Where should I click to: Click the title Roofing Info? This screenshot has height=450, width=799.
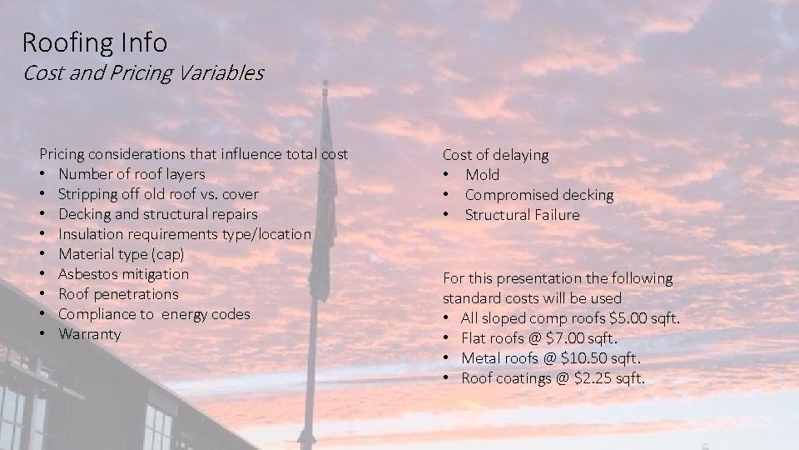pyautogui.click(x=94, y=41)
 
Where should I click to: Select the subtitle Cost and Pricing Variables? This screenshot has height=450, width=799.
pyautogui.click(x=143, y=72)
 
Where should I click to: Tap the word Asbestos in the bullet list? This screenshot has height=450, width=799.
pyautogui.click(x=87, y=274)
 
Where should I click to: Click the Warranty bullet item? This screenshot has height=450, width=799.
pyautogui.click(x=89, y=334)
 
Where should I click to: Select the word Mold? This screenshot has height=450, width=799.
pyautogui.click(x=483, y=175)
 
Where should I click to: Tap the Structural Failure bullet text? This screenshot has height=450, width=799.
pyautogui.click(x=522, y=215)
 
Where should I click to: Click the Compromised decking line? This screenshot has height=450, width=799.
pyautogui.click(x=538, y=195)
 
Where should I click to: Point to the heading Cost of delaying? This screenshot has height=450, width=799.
pyautogui.click(x=495, y=155)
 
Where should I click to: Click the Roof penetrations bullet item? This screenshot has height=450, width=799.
pyautogui.click(x=118, y=294)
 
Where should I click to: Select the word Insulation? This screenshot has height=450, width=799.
pyautogui.click(x=92, y=234)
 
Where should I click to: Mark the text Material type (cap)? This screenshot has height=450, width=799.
pyautogui.click(x=121, y=254)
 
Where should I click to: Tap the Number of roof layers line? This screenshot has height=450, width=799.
pyautogui.click(x=132, y=174)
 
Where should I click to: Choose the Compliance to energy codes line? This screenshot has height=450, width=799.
pyautogui.click(x=154, y=314)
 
